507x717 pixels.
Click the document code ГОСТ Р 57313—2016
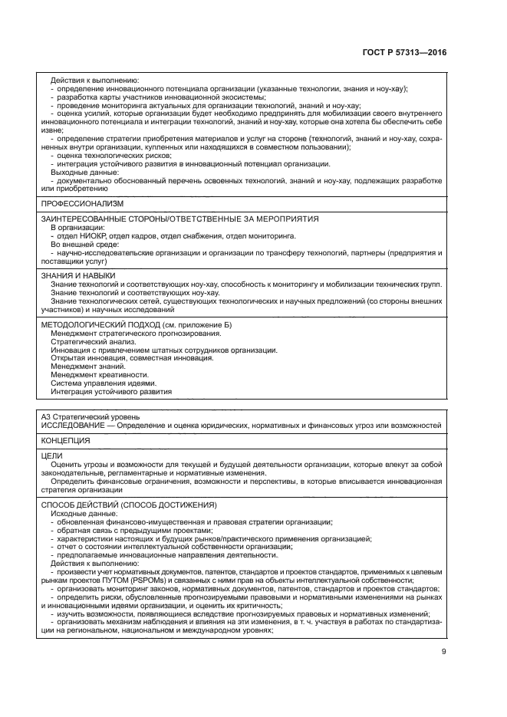click(x=404, y=52)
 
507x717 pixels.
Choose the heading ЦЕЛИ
click(x=51, y=456)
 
